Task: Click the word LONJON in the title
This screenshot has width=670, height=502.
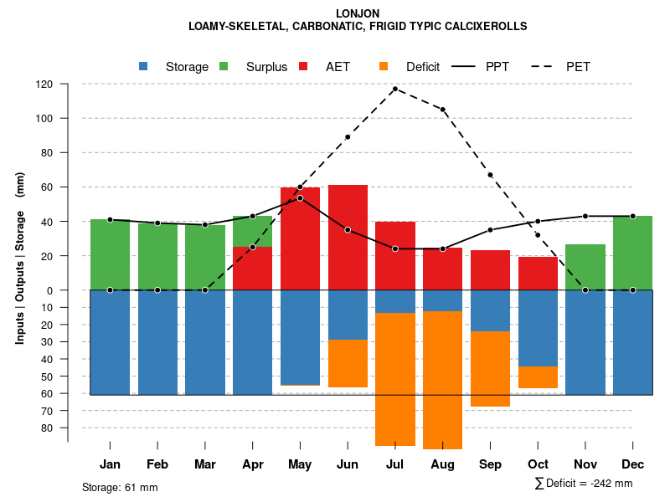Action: click(358, 13)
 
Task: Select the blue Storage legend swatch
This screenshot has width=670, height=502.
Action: click(143, 66)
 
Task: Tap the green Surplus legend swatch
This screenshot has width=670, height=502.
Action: click(224, 66)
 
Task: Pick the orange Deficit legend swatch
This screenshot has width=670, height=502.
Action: click(384, 66)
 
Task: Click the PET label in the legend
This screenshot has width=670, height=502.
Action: click(578, 67)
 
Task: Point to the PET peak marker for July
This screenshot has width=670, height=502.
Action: click(394, 89)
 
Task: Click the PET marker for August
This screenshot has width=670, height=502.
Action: click(442, 110)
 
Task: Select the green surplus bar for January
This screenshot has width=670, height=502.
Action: click(110, 254)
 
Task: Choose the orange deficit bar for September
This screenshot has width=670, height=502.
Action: click(490, 369)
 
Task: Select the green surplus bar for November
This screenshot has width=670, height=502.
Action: click(585, 267)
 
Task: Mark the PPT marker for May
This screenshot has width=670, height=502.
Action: click(300, 197)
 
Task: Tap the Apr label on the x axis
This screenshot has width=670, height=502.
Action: click(252, 464)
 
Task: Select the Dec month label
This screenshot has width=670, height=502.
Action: click(633, 464)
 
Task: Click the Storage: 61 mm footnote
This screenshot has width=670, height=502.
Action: click(120, 487)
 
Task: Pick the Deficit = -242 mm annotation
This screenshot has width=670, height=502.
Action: click(584, 484)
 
